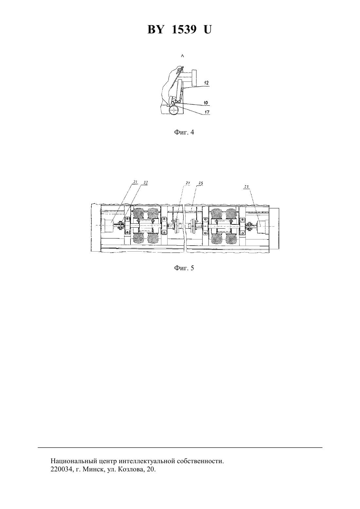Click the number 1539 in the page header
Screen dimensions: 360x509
coord(184,29)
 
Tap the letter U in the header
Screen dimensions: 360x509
coord(208,29)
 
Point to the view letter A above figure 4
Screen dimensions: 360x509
coord(182,56)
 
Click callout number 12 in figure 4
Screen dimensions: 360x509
coord(206,83)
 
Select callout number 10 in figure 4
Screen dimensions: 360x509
coord(206,103)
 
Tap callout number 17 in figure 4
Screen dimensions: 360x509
coord(207,112)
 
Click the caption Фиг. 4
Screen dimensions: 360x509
coord(184,132)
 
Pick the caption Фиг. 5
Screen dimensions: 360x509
coord(184,268)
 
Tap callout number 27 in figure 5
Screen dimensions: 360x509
coord(188,183)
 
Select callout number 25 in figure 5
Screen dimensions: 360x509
coord(200,183)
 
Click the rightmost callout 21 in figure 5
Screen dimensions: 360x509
coord(246,186)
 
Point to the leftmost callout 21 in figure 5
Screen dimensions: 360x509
coord(135,182)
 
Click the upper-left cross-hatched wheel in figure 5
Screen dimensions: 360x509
coord(138,213)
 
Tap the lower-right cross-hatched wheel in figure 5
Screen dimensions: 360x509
coord(231,239)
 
